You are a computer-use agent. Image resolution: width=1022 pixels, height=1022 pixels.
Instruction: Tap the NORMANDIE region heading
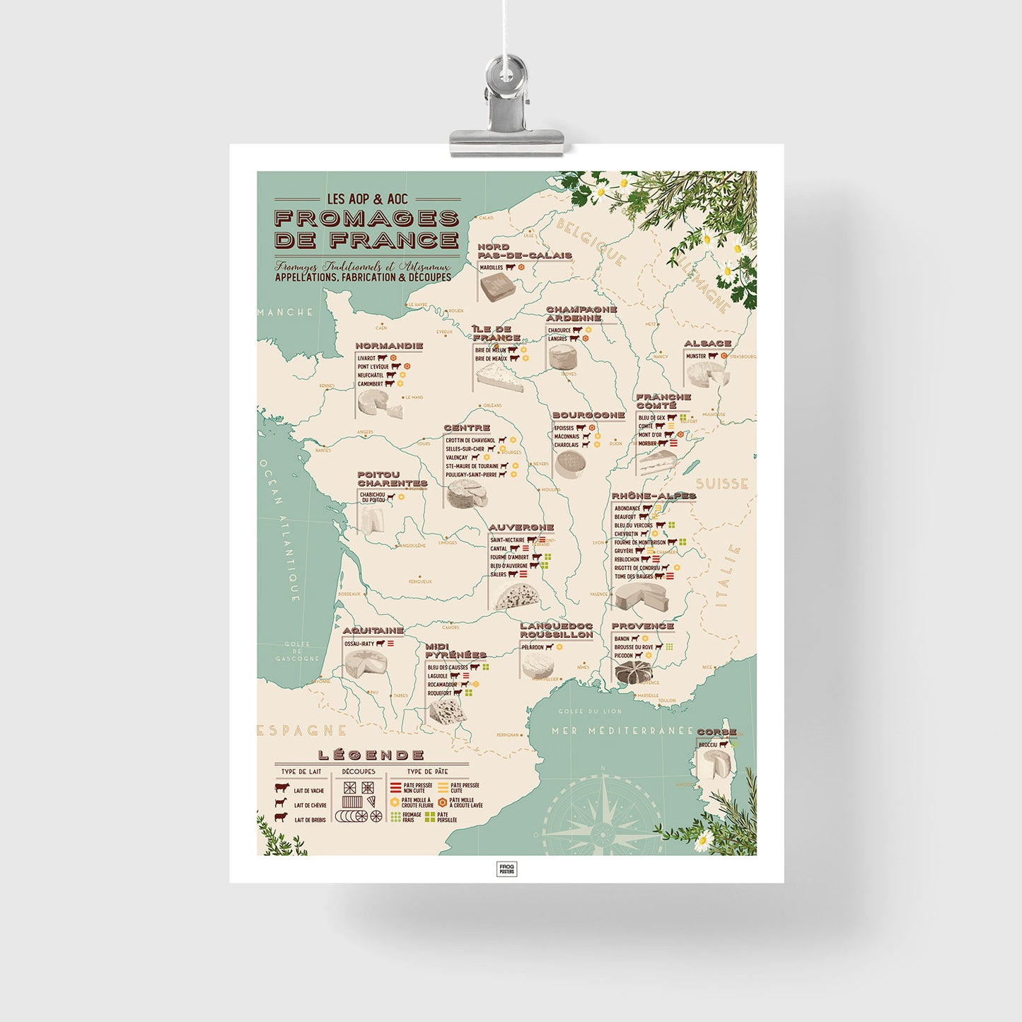pyautogui.click(x=389, y=346)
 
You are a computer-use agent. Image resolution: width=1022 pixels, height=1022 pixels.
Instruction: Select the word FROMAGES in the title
pyautogui.click(x=366, y=219)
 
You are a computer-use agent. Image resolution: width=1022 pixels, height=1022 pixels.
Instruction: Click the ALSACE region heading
pyautogui.click(x=707, y=344)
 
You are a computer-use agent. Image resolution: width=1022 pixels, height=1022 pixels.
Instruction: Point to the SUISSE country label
pyautogui.click(x=721, y=484)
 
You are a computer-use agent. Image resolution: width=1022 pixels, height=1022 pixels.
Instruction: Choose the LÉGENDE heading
pyautogui.click(x=371, y=755)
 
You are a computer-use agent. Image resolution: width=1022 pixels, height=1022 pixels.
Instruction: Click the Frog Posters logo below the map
pyautogui.click(x=506, y=869)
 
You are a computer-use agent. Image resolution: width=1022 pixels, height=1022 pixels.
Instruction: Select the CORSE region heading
pyautogui.click(x=716, y=732)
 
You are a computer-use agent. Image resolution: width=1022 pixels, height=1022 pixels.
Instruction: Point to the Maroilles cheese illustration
pyautogui.click(x=497, y=287)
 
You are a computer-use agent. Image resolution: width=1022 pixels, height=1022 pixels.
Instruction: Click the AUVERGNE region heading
pyautogui.click(x=521, y=528)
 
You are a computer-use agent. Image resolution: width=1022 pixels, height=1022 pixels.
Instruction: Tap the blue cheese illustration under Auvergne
pyautogui.click(x=516, y=598)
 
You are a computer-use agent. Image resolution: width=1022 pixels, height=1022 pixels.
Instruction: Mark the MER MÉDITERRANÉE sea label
pyautogui.click(x=622, y=731)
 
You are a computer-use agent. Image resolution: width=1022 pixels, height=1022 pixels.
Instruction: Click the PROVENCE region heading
pyautogui.click(x=642, y=626)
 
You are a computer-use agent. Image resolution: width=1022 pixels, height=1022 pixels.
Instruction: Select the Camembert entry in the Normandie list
pyautogui.click(x=371, y=384)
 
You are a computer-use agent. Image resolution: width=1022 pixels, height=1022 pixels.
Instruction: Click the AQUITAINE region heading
pyautogui.click(x=373, y=630)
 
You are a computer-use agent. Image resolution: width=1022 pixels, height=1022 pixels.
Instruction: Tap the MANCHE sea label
pyautogui.click(x=286, y=312)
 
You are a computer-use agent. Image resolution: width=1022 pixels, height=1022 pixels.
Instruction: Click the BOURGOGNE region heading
pyautogui.click(x=588, y=415)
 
